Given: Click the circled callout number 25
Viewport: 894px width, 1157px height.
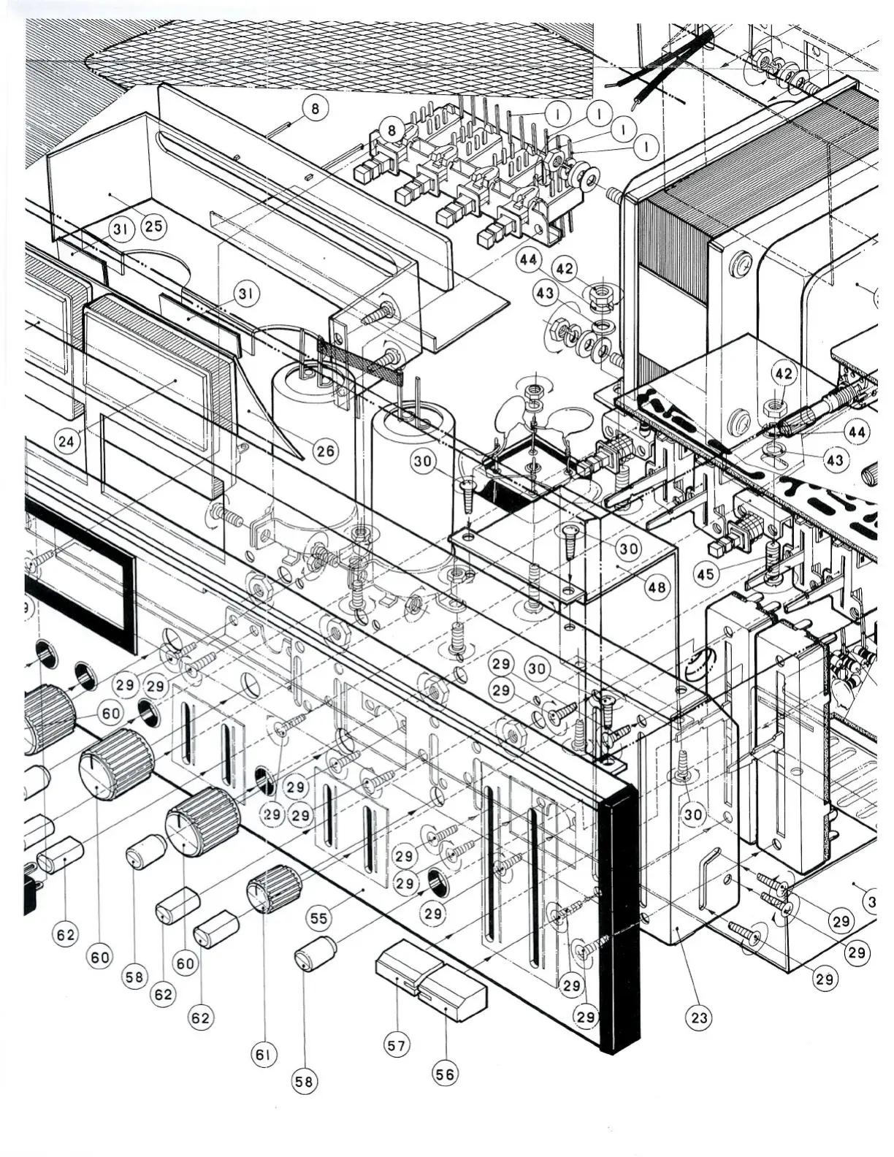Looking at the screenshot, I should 154,226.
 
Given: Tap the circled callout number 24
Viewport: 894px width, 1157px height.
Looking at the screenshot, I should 67,440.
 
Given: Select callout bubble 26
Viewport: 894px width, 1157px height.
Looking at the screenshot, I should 325,451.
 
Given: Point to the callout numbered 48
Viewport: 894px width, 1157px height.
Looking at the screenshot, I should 657,587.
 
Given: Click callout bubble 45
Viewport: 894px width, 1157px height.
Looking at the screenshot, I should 706,574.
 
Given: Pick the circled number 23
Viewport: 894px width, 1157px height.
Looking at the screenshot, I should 700,1017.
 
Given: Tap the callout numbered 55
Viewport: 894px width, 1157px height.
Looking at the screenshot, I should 319,917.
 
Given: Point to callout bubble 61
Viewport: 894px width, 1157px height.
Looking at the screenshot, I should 264,1054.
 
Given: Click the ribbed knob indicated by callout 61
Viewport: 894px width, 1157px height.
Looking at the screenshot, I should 273,888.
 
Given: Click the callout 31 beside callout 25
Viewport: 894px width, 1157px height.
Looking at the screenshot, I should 121,229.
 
